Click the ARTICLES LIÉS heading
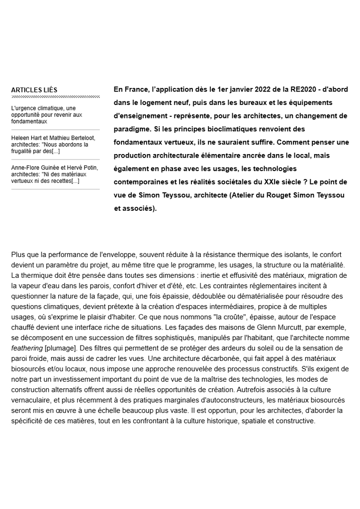click(34, 90)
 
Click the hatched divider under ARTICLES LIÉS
click(55, 96)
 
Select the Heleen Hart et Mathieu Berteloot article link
click(53, 144)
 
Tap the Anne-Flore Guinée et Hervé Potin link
click(55, 174)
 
